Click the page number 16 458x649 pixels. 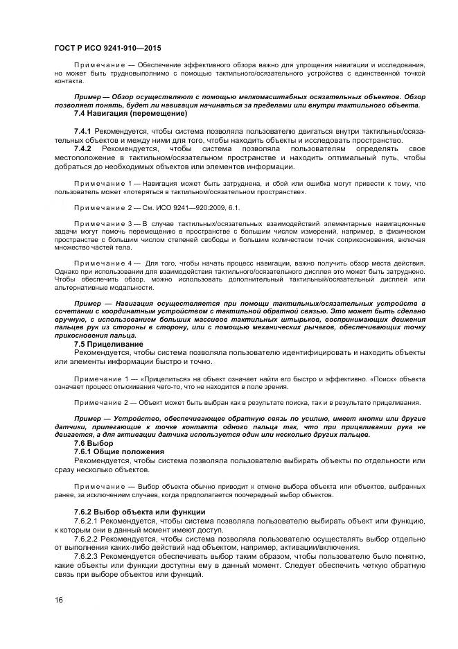[x=59, y=598]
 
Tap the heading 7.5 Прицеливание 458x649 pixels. [x=109, y=345]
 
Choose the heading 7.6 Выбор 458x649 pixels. [x=94, y=443]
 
